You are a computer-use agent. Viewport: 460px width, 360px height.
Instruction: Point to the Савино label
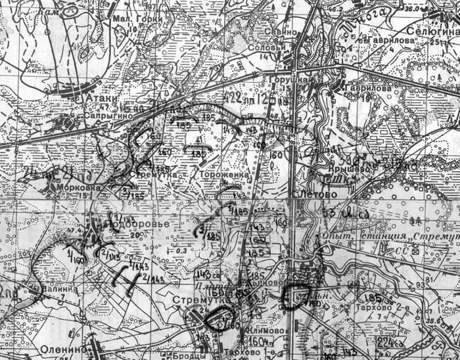tap(279, 32)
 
